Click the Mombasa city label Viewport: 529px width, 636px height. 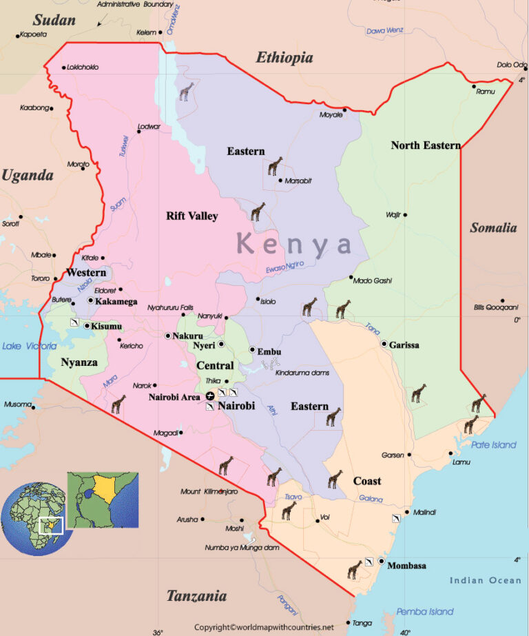coord(406,566)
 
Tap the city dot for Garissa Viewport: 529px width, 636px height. coord(384,344)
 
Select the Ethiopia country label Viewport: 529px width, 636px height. coord(284,58)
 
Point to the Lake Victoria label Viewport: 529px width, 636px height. coord(29,346)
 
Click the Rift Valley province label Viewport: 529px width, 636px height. coord(191,216)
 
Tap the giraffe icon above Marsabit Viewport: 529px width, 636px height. coord(276,166)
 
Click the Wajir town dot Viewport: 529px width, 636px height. coord(405,214)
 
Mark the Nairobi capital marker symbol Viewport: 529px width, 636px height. coord(210,396)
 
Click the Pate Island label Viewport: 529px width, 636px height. coord(493,444)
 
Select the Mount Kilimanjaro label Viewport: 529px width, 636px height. coord(209,491)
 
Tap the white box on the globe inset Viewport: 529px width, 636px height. coord(51,525)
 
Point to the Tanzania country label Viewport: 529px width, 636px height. coord(196,596)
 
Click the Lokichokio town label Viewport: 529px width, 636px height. coord(83,68)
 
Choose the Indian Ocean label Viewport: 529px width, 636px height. coord(486,580)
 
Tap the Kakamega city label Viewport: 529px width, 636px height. coord(116,302)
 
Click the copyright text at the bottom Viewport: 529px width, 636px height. coord(264,628)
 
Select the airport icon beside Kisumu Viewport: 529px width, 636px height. coord(74,322)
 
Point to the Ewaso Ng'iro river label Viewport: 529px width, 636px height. coord(285,267)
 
